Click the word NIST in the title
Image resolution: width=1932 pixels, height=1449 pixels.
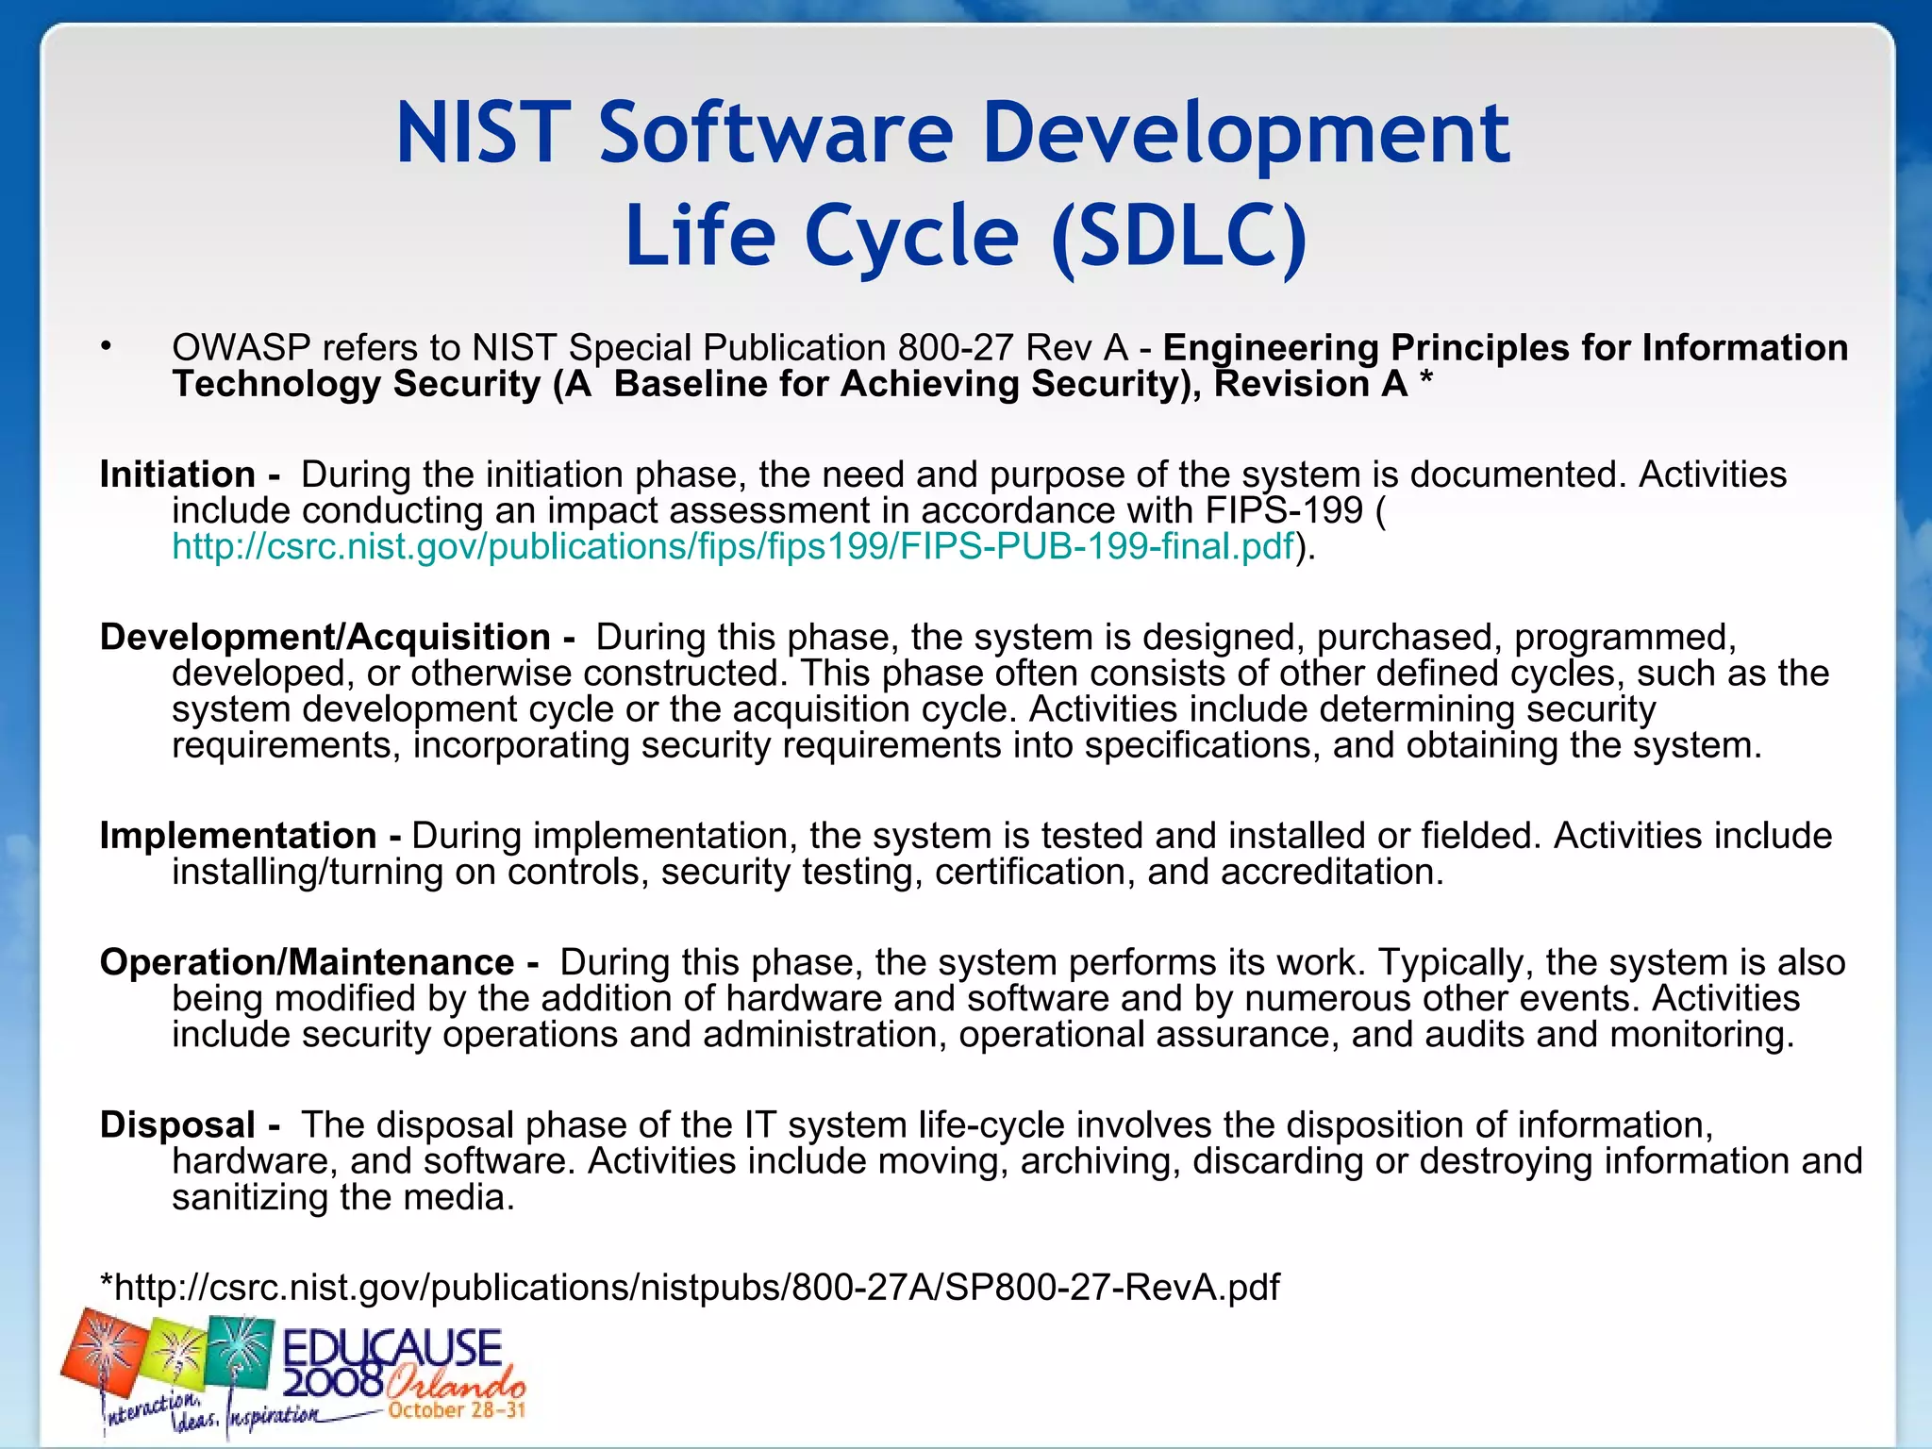click(x=483, y=133)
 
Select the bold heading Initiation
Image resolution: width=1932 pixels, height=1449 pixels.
click(x=177, y=475)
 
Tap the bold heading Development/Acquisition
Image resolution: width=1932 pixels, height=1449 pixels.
click(x=325, y=638)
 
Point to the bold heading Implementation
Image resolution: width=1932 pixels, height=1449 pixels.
click(x=238, y=837)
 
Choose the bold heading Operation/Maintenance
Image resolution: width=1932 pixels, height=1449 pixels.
click(x=308, y=963)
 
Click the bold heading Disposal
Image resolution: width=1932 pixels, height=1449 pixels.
click(x=177, y=1125)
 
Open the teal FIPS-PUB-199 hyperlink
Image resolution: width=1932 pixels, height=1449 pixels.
click(x=732, y=547)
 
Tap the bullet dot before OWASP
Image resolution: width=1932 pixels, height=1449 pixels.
click(x=107, y=347)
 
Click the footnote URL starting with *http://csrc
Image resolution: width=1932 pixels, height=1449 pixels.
click(x=690, y=1288)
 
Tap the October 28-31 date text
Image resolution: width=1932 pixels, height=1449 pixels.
click(x=456, y=1410)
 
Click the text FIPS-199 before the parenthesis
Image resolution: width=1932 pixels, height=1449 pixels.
click(x=1284, y=511)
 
